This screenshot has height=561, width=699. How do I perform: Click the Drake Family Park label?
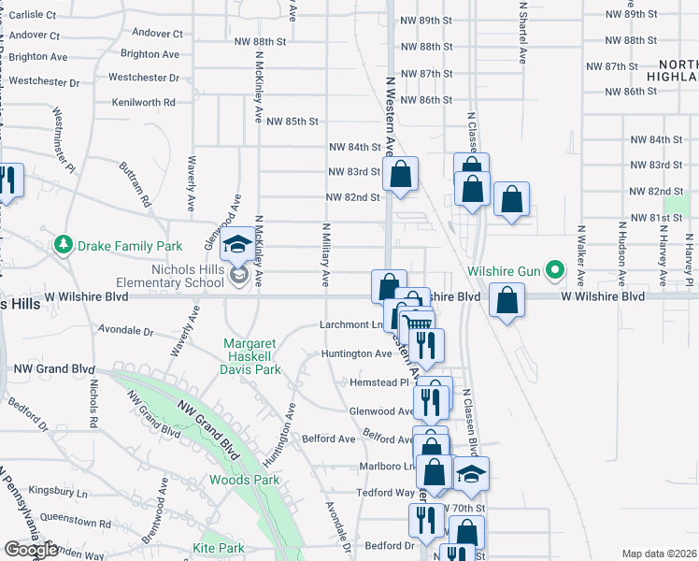tap(130, 246)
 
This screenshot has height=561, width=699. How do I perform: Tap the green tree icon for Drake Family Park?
tap(64, 245)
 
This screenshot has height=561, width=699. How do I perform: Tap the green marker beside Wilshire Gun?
tap(555, 271)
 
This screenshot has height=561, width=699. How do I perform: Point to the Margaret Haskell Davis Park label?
tap(252, 356)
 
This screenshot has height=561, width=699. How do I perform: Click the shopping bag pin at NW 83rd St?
tap(401, 174)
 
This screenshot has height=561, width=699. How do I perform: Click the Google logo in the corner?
tap(30, 550)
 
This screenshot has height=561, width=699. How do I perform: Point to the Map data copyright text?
tap(660, 554)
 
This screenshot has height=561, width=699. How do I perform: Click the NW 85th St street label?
tap(292, 122)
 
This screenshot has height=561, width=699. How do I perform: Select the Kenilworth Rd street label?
tap(143, 102)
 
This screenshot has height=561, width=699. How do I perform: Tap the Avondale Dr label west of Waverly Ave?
tap(126, 331)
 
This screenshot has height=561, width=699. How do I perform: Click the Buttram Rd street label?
tap(135, 183)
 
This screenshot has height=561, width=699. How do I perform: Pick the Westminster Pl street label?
tap(64, 139)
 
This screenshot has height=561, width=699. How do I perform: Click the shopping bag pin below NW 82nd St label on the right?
tap(511, 199)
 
